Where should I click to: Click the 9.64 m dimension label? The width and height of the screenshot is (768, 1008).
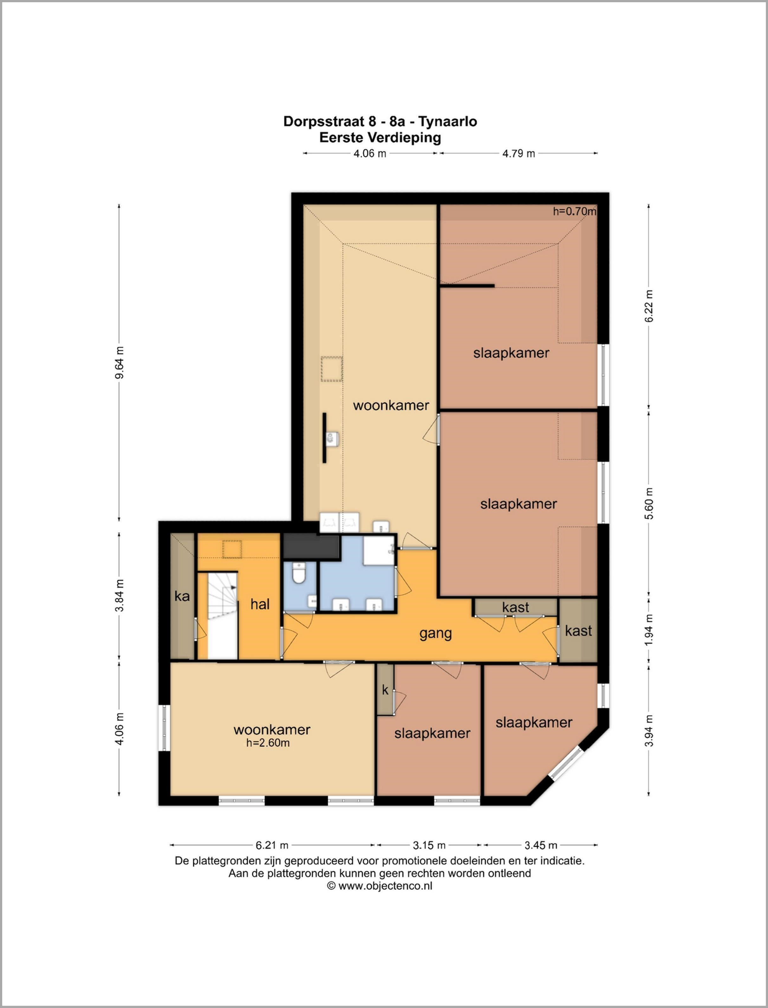click(119, 363)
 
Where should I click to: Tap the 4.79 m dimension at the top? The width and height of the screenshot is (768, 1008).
click(519, 153)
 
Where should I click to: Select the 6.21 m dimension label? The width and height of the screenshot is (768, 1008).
click(272, 845)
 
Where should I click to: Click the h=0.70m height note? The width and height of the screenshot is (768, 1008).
click(575, 211)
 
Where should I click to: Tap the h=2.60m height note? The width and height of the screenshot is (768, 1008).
click(268, 743)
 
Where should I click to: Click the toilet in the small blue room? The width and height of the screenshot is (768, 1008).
click(299, 573)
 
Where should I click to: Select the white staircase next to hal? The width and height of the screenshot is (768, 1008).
click(223, 615)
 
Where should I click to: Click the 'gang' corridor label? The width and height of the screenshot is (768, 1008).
click(436, 634)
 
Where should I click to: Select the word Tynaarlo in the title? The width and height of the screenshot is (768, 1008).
click(448, 122)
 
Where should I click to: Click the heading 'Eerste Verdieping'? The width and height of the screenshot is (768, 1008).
click(380, 138)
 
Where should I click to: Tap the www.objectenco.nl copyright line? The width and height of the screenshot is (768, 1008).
click(379, 886)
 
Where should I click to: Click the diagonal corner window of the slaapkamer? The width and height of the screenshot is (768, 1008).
click(565, 762)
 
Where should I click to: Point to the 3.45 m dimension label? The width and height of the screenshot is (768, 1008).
click(541, 845)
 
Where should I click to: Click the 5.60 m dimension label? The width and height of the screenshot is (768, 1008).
click(649, 504)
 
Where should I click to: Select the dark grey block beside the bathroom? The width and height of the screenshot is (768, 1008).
click(311, 546)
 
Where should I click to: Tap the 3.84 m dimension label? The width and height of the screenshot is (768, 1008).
click(119, 595)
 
